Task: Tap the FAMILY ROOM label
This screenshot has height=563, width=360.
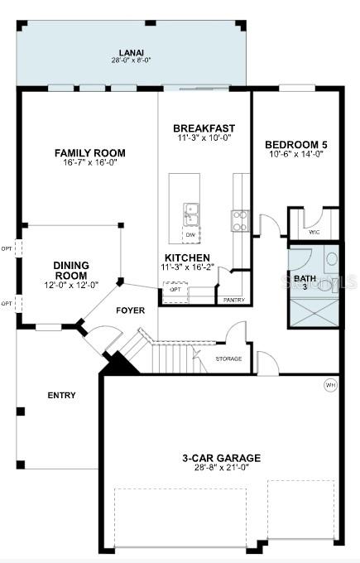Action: pyautogui.click(x=90, y=153)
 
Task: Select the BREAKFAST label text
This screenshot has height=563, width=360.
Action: pyautogui.click(x=204, y=128)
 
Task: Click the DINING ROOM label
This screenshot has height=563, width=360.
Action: pyautogui.click(x=71, y=270)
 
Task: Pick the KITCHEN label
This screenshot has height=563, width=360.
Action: pyautogui.click(x=186, y=258)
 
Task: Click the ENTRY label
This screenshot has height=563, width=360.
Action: pyautogui.click(x=61, y=396)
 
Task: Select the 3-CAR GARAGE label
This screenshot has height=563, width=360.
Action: pyautogui.click(x=221, y=458)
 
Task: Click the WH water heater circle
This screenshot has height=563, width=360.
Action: pyautogui.click(x=330, y=386)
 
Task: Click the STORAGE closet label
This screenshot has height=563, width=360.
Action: pyautogui.click(x=228, y=358)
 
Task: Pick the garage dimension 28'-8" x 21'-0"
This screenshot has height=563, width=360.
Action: pyautogui.click(x=221, y=468)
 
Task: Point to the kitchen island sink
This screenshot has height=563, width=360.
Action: pyautogui.click(x=191, y=213)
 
